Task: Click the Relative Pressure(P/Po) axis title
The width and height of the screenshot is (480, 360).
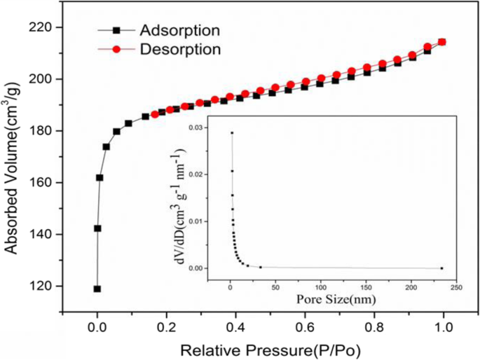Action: (270, 348)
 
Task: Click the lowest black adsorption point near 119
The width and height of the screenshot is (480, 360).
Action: (97, 289)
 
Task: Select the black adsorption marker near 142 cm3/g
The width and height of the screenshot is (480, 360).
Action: (97, 228)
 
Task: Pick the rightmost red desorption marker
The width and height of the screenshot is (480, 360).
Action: (442, 42)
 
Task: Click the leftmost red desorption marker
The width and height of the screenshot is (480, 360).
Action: (155, 114)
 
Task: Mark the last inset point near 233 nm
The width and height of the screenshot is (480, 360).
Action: (441, 268)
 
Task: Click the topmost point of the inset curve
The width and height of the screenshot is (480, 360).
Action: (232, 132)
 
